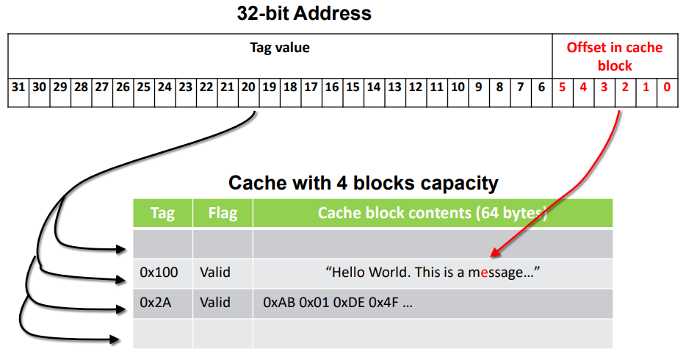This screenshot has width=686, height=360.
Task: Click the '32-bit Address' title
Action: click(x=304, y=12)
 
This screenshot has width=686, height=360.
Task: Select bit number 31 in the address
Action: click(x=18, y=87)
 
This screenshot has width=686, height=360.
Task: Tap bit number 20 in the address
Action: click(x=248, y=87)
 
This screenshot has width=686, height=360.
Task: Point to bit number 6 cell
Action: click(x=541, y=87)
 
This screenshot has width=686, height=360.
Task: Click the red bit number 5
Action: click(x=562, y=87)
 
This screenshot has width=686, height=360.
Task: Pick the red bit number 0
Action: click(x=667, y=87)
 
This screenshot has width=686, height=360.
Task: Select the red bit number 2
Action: click(x=625, y=87)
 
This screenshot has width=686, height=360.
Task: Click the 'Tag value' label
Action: click(x=280, y=48)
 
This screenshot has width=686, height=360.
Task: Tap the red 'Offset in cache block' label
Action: click(x=614, y=56)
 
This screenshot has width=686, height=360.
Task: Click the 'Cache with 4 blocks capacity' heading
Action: click(x=363, y=182)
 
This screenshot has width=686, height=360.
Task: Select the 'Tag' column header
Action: click(x=162, y=213)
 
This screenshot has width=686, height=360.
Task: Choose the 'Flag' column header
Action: click(x=223, y=213)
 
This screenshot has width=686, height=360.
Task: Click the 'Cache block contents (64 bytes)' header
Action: click(x=433, y=213)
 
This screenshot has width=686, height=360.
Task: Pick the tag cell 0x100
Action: click(x=159, y=273)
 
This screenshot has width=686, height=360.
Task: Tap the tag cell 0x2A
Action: click(x=156, y=302)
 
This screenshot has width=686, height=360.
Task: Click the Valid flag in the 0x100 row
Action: click(x=215, y=273)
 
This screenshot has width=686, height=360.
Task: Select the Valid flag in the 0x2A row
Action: click(x=215, y=302)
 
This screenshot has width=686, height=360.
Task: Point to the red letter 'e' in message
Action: click(x=483, y=273)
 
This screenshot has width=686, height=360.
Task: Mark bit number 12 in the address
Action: click(x=416, y=87)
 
